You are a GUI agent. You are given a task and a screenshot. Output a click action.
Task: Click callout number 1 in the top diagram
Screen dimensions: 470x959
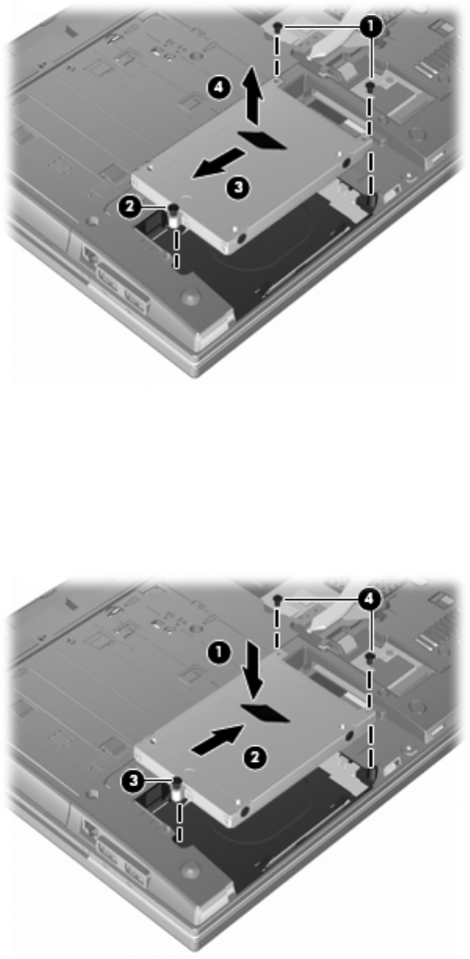tap(371, 27)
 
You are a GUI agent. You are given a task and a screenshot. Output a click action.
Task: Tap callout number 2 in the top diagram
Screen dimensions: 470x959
tap(130, 207)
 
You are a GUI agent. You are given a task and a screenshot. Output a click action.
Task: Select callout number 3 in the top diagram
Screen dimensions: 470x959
tap(238, 188)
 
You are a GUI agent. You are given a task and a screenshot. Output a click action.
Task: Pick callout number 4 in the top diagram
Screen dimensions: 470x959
tap(218, 88)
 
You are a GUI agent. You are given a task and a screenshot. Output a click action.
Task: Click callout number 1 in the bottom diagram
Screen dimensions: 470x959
tap(218, 654)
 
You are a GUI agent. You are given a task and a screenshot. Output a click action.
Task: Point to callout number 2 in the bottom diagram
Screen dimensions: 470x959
tap(255, 758)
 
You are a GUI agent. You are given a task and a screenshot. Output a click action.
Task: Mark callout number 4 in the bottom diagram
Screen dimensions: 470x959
tap(369, 599)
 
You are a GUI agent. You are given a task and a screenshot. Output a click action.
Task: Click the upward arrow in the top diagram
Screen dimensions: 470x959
tap(253, 95)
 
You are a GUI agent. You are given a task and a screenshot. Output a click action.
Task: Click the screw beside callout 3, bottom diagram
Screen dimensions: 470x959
tap(178, 788)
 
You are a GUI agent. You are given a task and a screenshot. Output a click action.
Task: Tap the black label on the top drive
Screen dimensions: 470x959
tap(262, 141)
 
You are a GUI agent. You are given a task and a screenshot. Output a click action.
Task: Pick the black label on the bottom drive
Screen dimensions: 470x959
tap(265, 713)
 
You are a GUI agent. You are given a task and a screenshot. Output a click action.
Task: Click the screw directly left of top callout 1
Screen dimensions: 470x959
tap(278, 28)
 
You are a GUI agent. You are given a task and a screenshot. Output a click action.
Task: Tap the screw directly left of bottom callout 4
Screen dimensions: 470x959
tap(278, 599)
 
